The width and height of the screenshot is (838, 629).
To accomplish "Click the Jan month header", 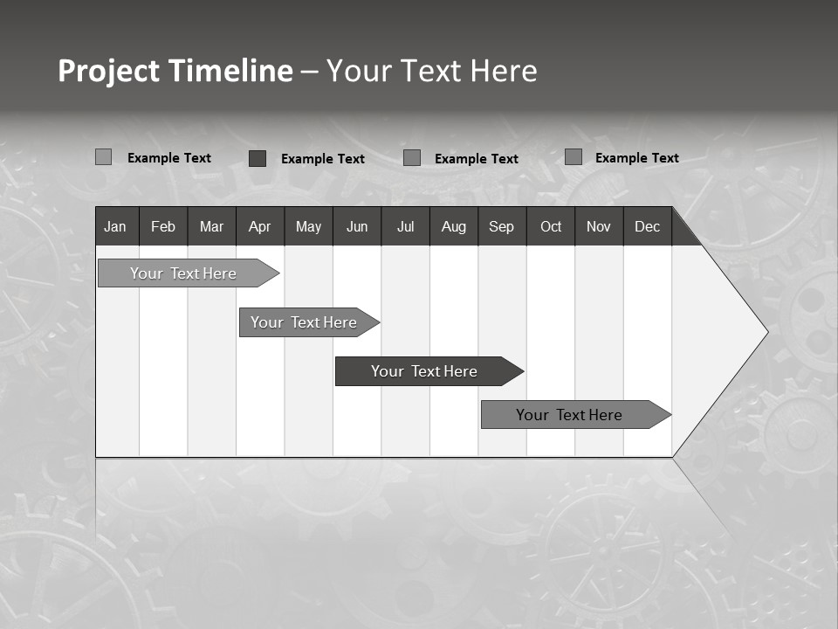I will click(115, 227).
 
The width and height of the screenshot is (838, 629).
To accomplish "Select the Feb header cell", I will click(163, 227).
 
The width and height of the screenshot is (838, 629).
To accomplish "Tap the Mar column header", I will click(211, 227).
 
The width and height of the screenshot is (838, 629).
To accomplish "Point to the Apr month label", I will click(259, 227).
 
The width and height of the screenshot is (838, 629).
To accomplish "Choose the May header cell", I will click(308, 227).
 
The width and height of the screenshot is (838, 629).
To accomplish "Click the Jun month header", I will click(357, 227).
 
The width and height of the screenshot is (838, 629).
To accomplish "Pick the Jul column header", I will click(405, 227).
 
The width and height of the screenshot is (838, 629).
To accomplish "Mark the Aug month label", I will click(454, 227).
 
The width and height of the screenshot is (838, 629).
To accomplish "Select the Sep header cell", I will click(502, 227).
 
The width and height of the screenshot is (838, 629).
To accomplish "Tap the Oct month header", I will click(551, 227).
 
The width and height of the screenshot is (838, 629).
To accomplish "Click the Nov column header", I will click(599, 227).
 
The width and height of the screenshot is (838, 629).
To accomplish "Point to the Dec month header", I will click(647, 227).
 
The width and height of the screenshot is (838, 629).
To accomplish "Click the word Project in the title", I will click(109, 71).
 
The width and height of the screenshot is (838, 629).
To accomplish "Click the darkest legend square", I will click(258, 158).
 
